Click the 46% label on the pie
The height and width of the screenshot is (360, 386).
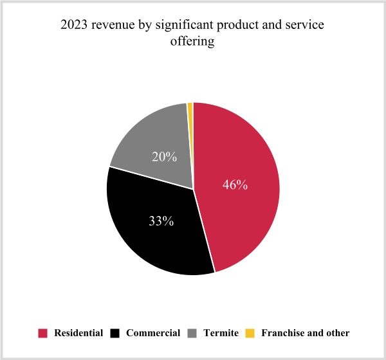(x=235, y=185)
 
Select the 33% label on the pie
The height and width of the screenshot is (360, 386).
(x=161, y=221)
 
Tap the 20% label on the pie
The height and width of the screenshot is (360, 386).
(x=164, y=156)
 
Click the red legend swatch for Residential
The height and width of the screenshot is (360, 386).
(x=43, y=333)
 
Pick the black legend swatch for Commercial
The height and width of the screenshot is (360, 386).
(x=116, y=333)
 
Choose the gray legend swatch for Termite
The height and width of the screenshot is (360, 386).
(x=192, y=333)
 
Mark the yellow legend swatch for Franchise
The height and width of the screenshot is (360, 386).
(x=250, y=333)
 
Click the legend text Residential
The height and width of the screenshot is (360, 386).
(x=78, y=333)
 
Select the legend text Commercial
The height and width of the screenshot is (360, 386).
(x=153, y=333)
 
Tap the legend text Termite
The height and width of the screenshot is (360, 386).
(x=221, y=333)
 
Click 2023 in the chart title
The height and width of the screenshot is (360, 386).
(x=73, y=26)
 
